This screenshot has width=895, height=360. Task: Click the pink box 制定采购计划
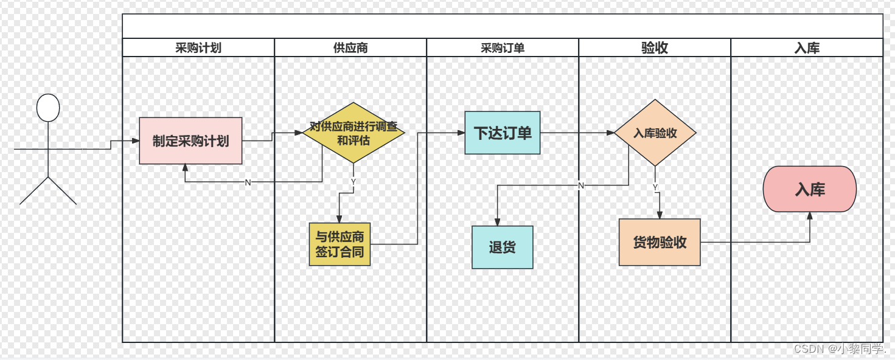(x=190, y=141)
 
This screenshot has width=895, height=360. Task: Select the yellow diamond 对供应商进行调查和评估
(x=353, y=133)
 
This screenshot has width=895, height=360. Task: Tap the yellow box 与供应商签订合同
(x=340, y=244)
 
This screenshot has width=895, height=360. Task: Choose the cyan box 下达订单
(x=503, y=133)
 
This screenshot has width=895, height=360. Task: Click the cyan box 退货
(x=503, y=247)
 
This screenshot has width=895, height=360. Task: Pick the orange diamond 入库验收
(x=655, y=133)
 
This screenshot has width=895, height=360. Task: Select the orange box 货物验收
(x=660, y=242)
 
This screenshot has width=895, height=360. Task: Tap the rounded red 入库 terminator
(x=810, y=189)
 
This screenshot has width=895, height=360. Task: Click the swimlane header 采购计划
(x=198, y=48)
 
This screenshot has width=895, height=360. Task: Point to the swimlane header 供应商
(x=350, y=48)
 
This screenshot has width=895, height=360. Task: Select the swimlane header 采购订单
(x=503, y=48)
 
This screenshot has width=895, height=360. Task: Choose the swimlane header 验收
(x=655, y=48)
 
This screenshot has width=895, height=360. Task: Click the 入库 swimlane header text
(x=807, y=48)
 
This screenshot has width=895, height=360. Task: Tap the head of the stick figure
(x=48, y=108)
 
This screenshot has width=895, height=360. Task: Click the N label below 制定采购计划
(x=248, y=182)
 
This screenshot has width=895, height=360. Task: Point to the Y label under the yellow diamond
(x=353, y=181)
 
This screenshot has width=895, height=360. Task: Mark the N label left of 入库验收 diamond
(x=581, y=185)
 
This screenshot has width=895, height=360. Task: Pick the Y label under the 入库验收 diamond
(x=655, y=187)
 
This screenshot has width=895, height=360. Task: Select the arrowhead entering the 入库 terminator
(x=810, y=215)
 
